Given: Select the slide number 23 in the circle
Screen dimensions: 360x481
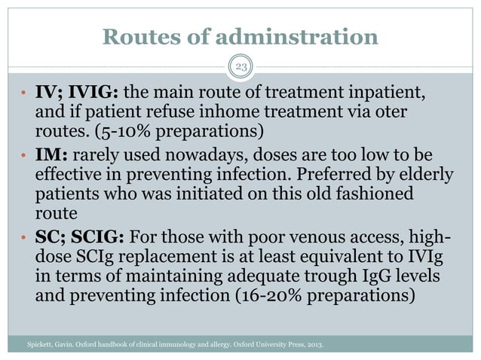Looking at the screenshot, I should pos(240,67).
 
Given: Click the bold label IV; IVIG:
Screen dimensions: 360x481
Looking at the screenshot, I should pos(76,94).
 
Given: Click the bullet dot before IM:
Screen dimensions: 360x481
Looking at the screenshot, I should pos(25,156).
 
